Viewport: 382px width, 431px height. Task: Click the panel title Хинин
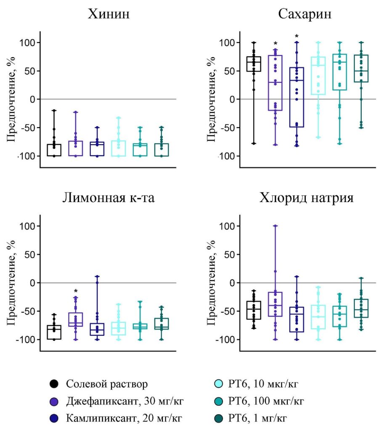pos(108,14)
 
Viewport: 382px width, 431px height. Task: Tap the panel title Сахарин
pos(305,14)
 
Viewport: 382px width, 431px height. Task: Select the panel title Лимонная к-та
pos(109,198)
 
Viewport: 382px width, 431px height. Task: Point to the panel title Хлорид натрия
pos(305,198)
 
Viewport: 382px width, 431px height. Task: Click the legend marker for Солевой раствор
pos(54,383)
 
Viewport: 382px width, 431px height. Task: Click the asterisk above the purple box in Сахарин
pos(276,44)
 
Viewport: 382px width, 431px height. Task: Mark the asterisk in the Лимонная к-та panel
pos(76,291)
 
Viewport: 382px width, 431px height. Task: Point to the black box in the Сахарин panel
pos(254,64)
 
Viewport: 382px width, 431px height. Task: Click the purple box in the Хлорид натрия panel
pos(276,304)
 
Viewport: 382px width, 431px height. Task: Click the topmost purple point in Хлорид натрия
pos(276,226)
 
